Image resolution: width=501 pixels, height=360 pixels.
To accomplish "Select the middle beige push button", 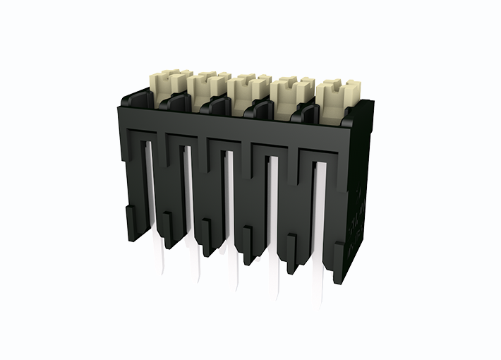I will click(x=248, y=87).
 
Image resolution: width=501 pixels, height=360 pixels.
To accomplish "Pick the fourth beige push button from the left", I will click(x=290, y=90).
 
